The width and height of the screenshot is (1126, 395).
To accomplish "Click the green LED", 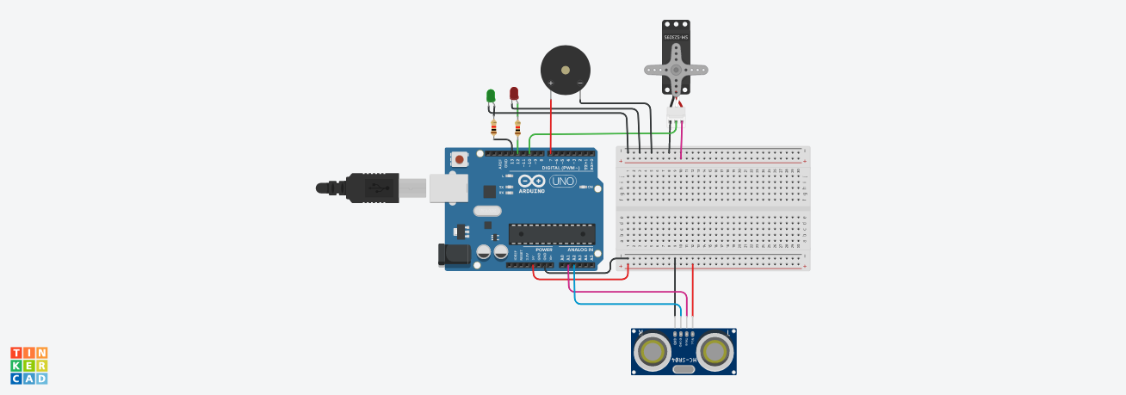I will pyautogui.click(x=491, y=95).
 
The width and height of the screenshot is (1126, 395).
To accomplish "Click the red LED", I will pyautogui.click(x=514, y=93).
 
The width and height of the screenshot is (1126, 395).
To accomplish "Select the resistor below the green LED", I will pyautogui.click(x=493, y=128).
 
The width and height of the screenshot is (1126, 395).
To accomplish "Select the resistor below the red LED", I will pyautogui.click(x=517, y=128).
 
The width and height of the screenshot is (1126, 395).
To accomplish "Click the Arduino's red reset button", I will pyautogui.click(x=460, y=159).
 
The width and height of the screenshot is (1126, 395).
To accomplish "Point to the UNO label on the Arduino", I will pyautogui.click(x=562, y=182).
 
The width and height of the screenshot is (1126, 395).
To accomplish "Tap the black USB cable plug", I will pyautogui.click(x=370, y=188).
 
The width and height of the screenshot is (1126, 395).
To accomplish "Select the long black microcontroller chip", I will pyautogui.click(x=552, y=233).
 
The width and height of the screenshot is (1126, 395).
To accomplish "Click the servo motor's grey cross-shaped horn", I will pyautogui.click(x=676, y=70).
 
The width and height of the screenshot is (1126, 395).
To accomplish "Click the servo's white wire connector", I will pyautogui.click(x=677, y=112).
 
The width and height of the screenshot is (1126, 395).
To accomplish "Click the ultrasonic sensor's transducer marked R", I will pyautogui.click(x=651, y=350).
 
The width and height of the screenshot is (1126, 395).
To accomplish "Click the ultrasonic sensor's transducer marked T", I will pyautogui.click(x=715, y=350).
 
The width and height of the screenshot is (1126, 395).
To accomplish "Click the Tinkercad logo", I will pyautogui.click(x=28, y=365).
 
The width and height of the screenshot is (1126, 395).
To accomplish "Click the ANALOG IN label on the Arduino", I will pyautogui.click(x=578, y=249).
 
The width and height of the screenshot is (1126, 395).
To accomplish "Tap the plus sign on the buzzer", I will pyautogui.click(x=550, y=83).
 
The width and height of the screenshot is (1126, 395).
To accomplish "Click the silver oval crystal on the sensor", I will pyautogui.click(x=684, y=370).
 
